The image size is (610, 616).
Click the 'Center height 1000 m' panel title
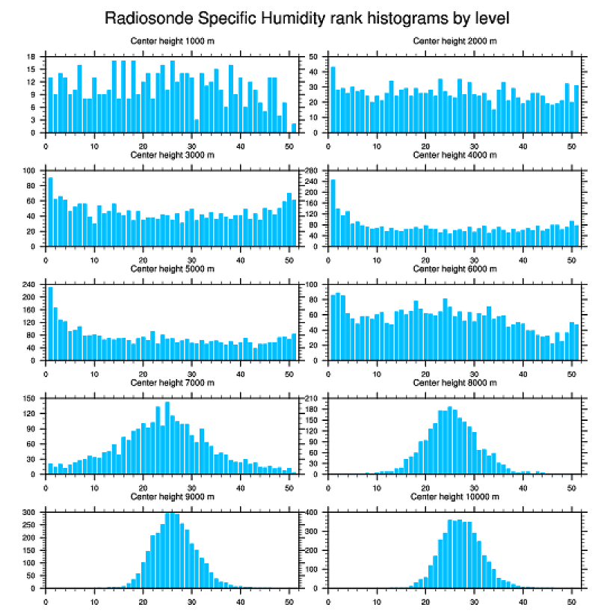point(172,40)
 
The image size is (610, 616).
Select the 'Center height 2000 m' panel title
point(454,40)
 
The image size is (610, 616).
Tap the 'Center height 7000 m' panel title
point(172,383)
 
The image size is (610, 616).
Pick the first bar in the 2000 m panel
point(333,99)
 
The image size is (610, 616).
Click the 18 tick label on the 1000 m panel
point(32,57)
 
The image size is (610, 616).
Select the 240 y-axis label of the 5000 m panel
point(30,285)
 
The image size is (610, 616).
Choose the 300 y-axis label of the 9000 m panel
point(30,513)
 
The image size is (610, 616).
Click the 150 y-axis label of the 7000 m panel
point(30,399)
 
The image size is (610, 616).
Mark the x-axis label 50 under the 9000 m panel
point(289,599)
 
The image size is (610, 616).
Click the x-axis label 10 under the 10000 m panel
point(377,599)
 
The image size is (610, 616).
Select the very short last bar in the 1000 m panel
point(294,129)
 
